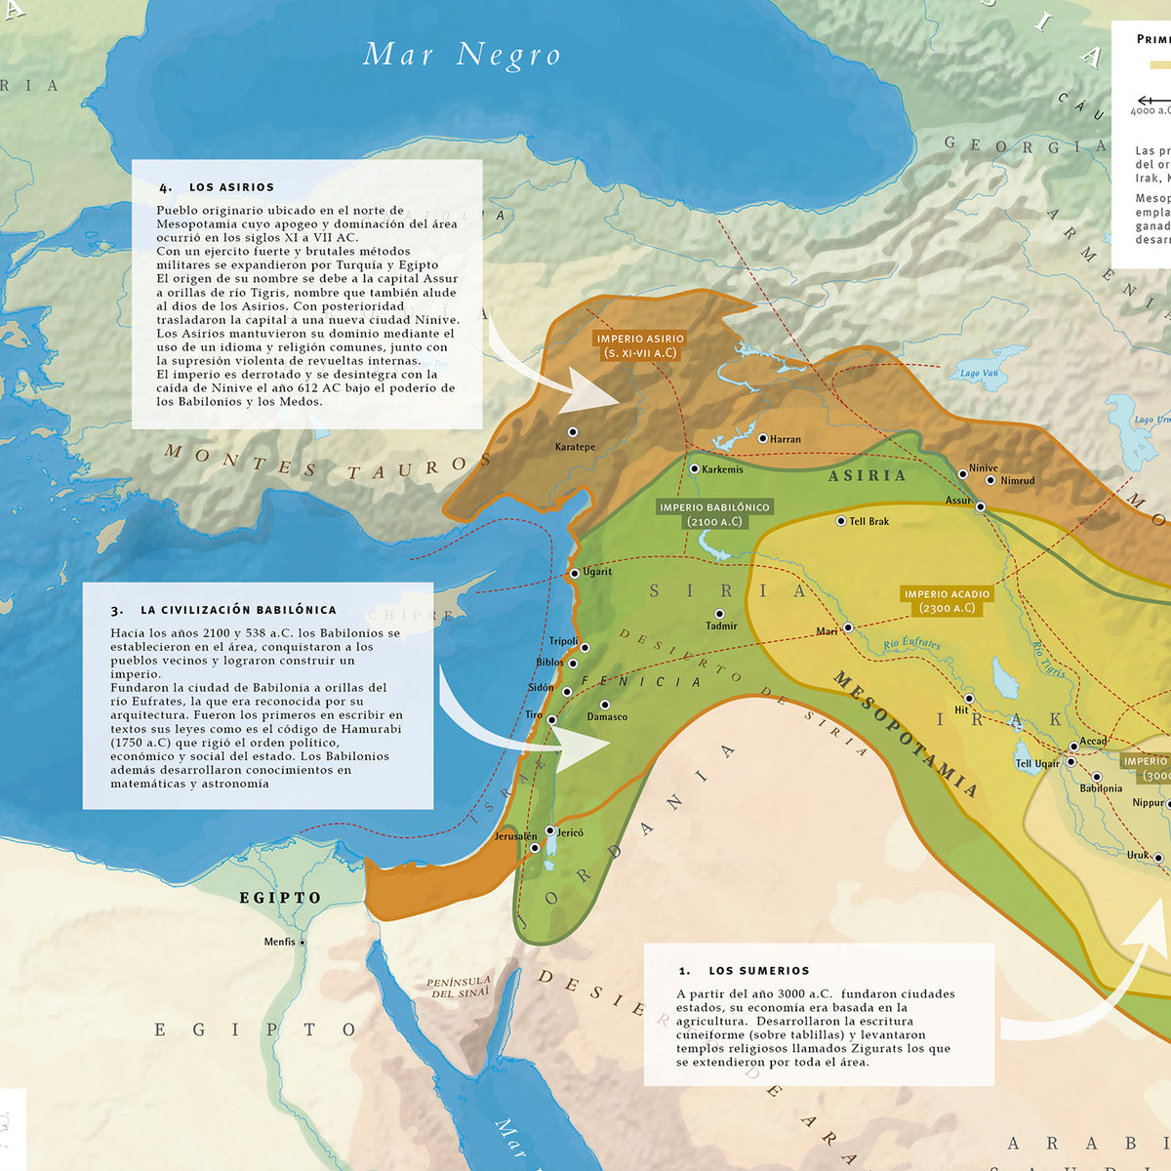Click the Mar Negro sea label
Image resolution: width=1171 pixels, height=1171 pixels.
pyautogui.click(x=462, y=55)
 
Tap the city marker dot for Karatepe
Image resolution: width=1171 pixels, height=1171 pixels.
pyautogui.click(x=573, y=431)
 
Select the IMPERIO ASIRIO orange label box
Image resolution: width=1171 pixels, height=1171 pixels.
pyautogui.click(x=640, y=345)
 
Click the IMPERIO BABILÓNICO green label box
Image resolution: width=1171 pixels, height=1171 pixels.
pyautogui.click(x=714, y=514)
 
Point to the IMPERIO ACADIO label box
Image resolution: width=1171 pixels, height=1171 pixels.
pyautogui.click(x=947, y=600)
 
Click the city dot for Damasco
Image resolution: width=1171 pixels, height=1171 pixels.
pyautogui.click(x=605, y=705)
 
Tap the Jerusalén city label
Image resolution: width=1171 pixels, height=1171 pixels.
pyautogui.click(x=515, y=836)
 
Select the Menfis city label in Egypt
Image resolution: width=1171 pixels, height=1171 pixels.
pyautogui.click(x=279, y=942)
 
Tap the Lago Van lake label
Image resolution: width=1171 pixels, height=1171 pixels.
pyautogui.click(x=978, y=374)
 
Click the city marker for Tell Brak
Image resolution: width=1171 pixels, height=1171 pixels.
pyautogui.click(x=841, y=521)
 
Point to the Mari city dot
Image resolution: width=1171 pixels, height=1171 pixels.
pyautogui.click(x=848, y=627)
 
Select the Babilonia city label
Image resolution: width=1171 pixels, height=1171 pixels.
pyautogui.click(x=1101, y=788)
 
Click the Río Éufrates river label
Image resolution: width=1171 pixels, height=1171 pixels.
pyautogui.click(x=911, y=644)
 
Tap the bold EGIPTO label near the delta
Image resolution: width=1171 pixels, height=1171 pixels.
pyautogui.click(x=280, y=898)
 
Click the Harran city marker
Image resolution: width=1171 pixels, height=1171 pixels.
pyautogui.click(x=763, y=438)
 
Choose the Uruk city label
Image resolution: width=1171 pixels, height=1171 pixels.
pyautogui.click(x=1138, y=855)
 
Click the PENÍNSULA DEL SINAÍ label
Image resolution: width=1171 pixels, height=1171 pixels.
pyautogui.click(x=458, y=987)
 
